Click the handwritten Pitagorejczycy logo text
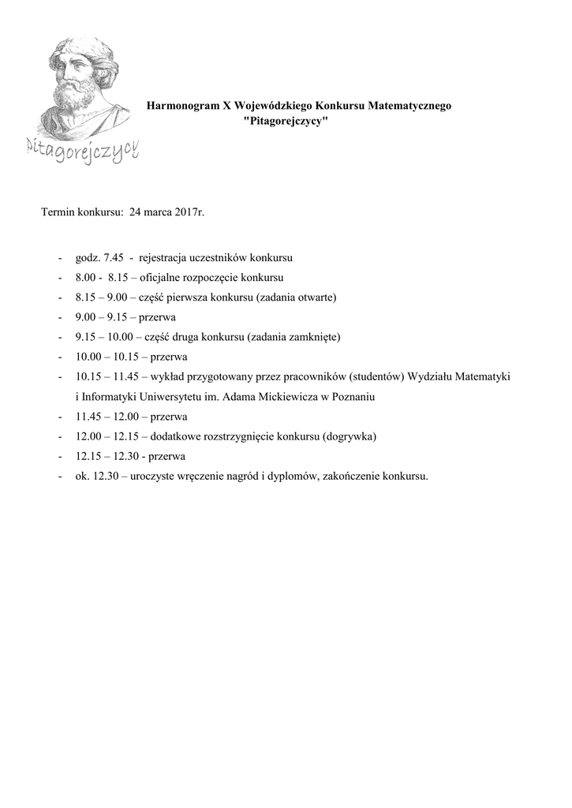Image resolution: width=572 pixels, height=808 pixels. click(82, 148)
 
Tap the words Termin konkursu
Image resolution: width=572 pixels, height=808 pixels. click(81, 212)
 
